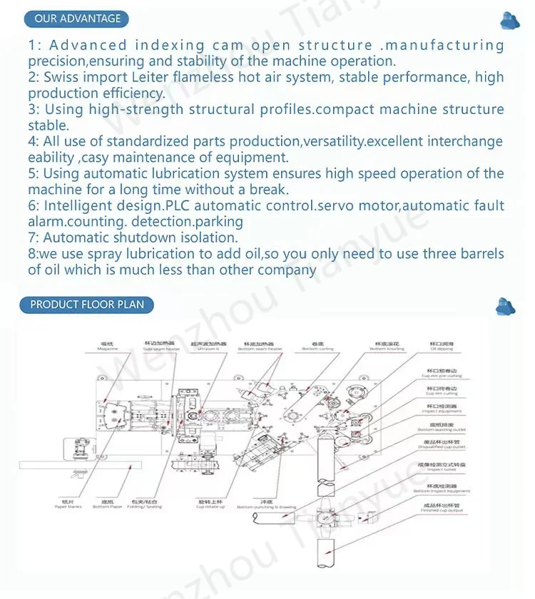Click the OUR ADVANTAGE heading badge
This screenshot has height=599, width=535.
(77, 19)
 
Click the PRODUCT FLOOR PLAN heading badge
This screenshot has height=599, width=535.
(86, 304)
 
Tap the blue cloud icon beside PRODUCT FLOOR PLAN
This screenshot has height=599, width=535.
(505, 306)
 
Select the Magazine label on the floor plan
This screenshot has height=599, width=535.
(108, 349)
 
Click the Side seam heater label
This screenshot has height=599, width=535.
(159, 349)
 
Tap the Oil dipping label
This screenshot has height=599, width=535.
(442, 349)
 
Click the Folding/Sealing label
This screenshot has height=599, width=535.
(145, 506)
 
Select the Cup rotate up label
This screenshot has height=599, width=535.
(210, 506)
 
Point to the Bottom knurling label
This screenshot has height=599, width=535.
(387, 349)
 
